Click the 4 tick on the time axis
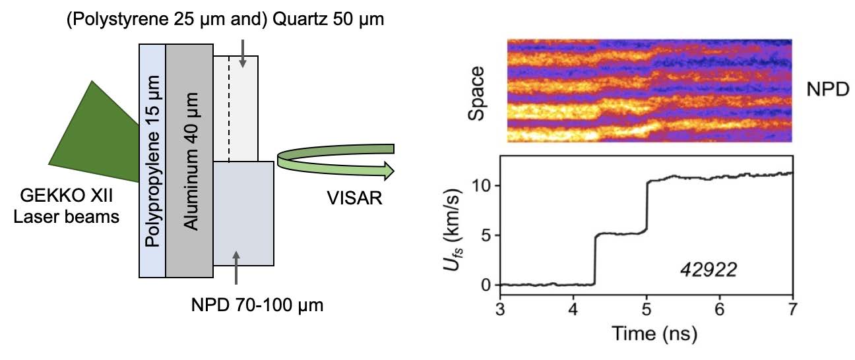(573, 311)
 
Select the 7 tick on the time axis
(792, 311)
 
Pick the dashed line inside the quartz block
(229, 109)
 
